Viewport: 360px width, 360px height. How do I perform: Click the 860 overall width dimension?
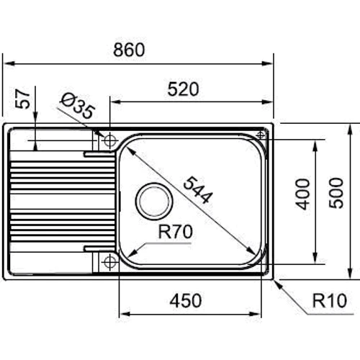[129, 50]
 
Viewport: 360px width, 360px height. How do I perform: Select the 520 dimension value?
[183, 89]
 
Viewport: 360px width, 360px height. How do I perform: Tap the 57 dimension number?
[22, 99]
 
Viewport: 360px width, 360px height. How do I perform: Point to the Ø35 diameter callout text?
[78, 106]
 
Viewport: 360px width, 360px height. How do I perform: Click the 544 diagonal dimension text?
[198, 189]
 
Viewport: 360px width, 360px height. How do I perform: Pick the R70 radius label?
[176, 232]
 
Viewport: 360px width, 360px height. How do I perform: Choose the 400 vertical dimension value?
[302, 194]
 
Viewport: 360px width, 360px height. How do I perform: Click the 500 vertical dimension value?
[336, 193]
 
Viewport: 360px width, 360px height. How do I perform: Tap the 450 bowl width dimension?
[186, 300]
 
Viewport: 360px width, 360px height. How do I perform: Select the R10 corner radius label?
[330, 300]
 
